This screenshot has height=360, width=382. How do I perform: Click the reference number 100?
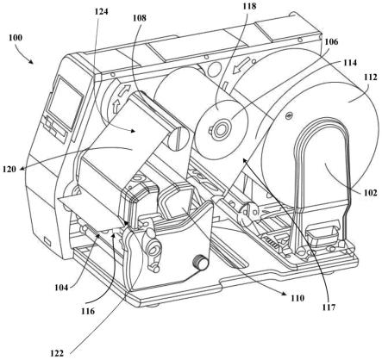[16, 38]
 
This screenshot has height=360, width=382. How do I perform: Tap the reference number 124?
[102, 11]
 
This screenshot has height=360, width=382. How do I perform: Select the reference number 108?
[140, 18]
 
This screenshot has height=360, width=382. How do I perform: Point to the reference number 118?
[248, 6]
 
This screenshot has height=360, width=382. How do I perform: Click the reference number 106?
[331, 41]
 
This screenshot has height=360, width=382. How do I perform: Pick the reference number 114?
[349, 63]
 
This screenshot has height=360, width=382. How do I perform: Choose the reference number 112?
[369, 78]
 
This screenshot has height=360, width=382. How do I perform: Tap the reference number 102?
[369, 192]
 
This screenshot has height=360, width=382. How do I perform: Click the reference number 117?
[329, 307]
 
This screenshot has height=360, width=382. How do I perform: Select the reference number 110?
[297, 298]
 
